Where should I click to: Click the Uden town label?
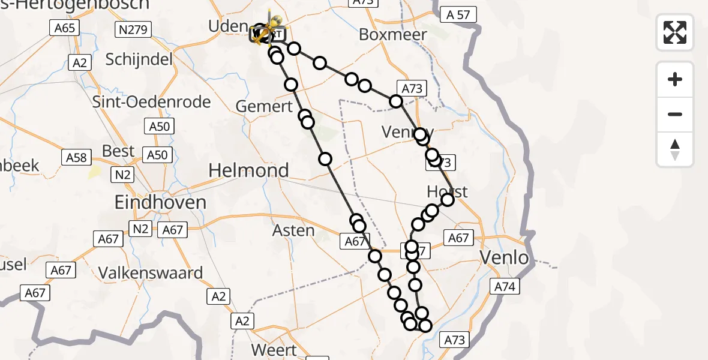pyautogui.click(x=227, y=26)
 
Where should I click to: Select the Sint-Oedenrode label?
pyautogui.click(x=152, y=101)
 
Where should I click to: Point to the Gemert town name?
pyautogui.click(x=264, y=107)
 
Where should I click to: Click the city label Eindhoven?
pyautogui.click(x=160, y=202)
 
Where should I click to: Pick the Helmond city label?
pyautogui.click(x=248, y=170)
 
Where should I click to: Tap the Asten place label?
pyautogui.click(x=293, y=230)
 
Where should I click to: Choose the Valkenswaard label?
pyautogui.click(x=151, y=273)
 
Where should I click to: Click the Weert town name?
pyautogui.click(x=274, y=350)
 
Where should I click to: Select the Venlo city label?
pyautogui.click(x=505, y=259)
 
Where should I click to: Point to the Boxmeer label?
pyautogui.click(x=393, y=35)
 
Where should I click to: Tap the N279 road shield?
pyautogui.click(x=133, y=29)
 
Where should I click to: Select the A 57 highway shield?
pyautogui.click(x=458, y=14)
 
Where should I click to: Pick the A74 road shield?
pyautogui.click(x=505, y=287)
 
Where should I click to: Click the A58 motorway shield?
pyautogui.click(x=76, y=157)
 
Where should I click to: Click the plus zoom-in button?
pyautogui.click(x=675, y=79)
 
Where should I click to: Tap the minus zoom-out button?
pyautogui.click(x=675, y=114)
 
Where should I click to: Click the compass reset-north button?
pyautogui.click(x=675, y=149)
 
